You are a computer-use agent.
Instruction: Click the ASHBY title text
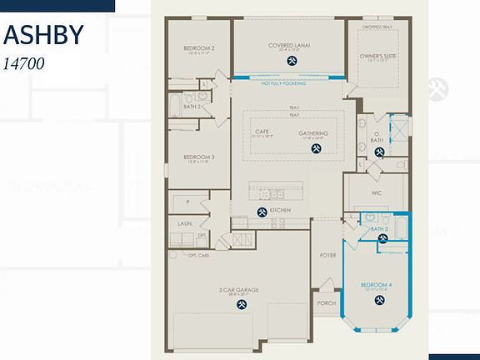click(x=43, y=36)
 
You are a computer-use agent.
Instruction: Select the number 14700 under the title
click(x=23, y=62)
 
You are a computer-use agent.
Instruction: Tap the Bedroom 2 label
click(x=199, y=48)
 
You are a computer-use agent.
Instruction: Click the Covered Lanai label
click(x=289, y=45)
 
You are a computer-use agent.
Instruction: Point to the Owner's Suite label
click(x=376, y=55)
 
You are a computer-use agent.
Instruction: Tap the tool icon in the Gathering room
click(x=316, y=149)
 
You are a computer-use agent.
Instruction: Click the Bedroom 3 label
click(x=199, y=157)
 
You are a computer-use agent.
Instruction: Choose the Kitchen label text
click(x=280, y=211)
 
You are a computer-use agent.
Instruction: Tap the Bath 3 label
click(x=380, y=228)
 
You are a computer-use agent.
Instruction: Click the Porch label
click(x=326, y=302)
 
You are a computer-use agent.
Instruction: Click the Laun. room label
click(x=186, y=223)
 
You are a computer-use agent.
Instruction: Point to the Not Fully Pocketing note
click(x=283, y=83)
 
